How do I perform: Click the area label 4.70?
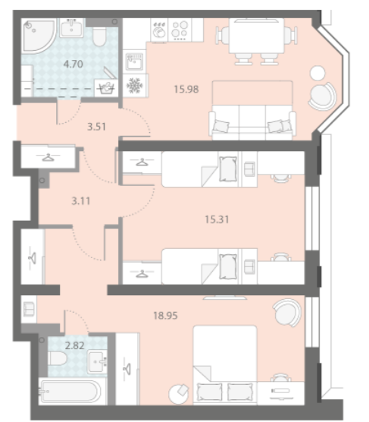(x=73, y=64)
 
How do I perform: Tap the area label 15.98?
(x=186, y=89)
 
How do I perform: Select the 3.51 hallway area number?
(x=96, y=127)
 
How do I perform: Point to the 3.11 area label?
(x=81, y=201)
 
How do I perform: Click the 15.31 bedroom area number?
(x=217, y=219)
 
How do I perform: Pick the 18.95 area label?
(x=165, y=316)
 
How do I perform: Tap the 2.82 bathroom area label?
(x=75, y=345)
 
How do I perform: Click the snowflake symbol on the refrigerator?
(x=134, y=86)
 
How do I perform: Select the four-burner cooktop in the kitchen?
(x=180, y=30)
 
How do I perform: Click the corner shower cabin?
(x=38, y=34)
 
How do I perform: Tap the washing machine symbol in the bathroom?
(x=106, y=88)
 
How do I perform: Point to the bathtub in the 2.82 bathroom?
(x=70, y=391)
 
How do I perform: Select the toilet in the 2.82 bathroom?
(x=58, y=358)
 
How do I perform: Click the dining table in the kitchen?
(x=256, y=36)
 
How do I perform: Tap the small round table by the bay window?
(x=317, y=73)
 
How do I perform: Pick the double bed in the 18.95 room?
(x=225, y=365)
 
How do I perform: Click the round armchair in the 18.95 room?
(x=286, y=313)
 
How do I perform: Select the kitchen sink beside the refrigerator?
(x=134, y=61)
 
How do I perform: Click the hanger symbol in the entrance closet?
(x=48, y=157)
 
